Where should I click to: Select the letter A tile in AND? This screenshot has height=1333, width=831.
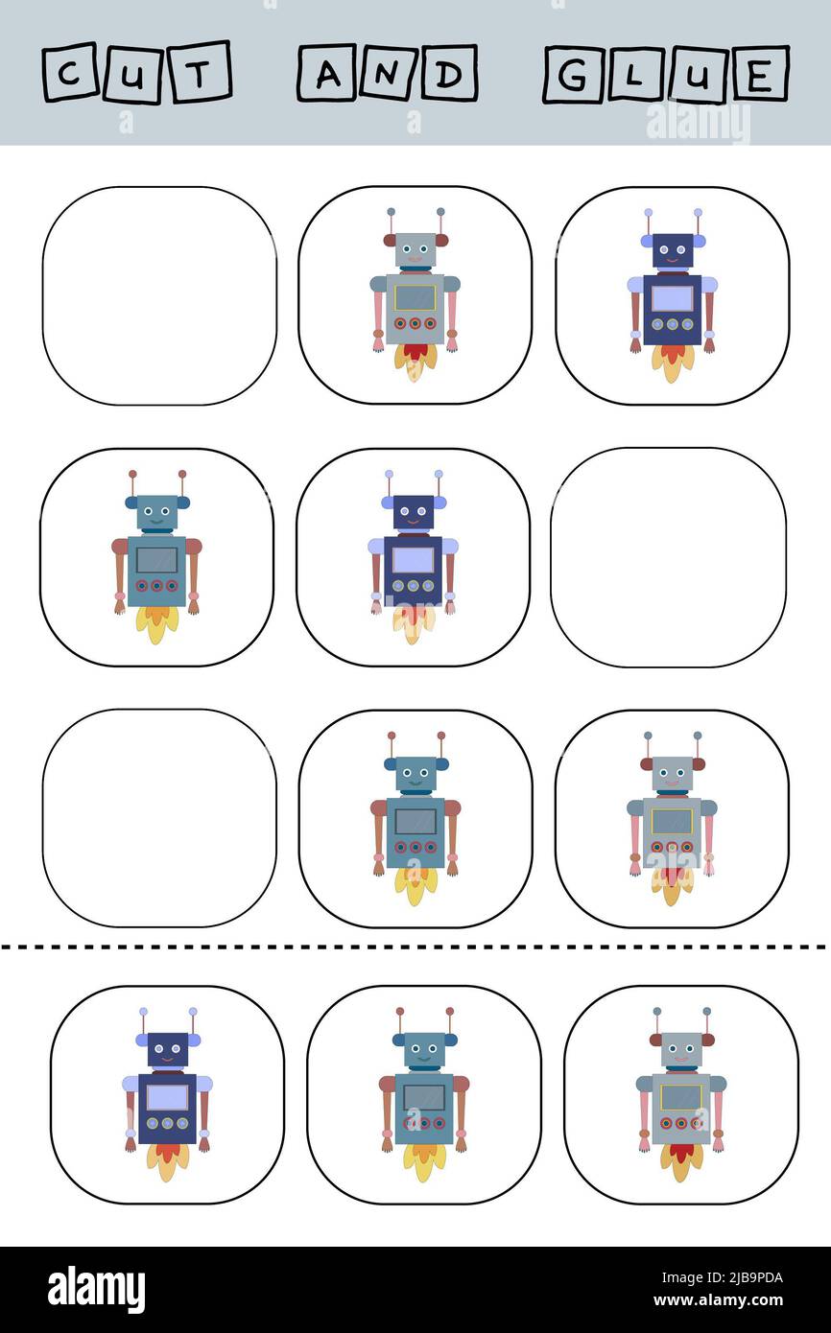click(326, 73)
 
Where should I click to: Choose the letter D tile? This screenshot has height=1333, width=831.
click(446, 74)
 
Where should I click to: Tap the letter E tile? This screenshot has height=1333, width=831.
click(757, 74)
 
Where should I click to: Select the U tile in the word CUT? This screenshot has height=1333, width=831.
click(134, 73)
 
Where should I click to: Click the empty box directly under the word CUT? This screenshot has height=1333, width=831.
click(159, 295)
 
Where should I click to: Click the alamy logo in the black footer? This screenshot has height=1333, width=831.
click(96, 1290)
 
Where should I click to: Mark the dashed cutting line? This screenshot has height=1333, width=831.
click(415, 947)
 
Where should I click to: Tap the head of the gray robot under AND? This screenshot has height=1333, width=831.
click(415, 251)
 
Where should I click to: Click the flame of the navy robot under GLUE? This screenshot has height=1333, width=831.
click(672, 362)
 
